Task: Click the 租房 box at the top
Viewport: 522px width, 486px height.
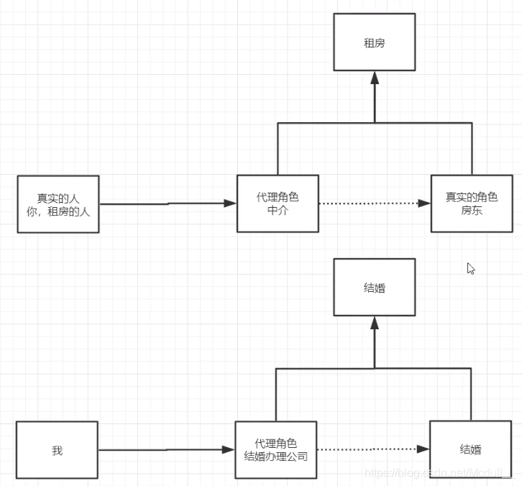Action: tap(374, 43)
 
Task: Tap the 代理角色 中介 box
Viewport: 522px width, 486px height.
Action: tap(278, 203)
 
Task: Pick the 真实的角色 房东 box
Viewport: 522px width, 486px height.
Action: tap(471, 203)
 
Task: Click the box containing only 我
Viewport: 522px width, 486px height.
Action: tap(57, 451)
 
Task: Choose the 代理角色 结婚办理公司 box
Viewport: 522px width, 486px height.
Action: tap(275, 450)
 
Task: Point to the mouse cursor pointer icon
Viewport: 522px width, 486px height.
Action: tap(471, 268)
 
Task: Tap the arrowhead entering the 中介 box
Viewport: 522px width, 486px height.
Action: tap(230, 203)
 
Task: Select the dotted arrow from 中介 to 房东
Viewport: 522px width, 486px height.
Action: tap(374, 203)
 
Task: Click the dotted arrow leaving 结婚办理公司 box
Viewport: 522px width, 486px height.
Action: tap(370, 449)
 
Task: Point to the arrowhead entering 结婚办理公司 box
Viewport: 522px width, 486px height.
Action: tap(229, 450)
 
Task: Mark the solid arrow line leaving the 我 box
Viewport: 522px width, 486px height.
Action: tap(165, 450)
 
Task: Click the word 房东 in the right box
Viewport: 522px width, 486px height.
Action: tap(471, 211)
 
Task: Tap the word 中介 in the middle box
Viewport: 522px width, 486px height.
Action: tap(278, 211)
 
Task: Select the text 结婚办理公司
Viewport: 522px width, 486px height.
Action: tap(275, 456)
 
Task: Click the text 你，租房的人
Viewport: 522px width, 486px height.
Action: tap(58, 211)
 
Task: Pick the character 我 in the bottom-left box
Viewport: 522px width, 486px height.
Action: tap(57, 451)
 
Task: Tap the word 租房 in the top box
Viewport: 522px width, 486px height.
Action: tap(374, 43)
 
